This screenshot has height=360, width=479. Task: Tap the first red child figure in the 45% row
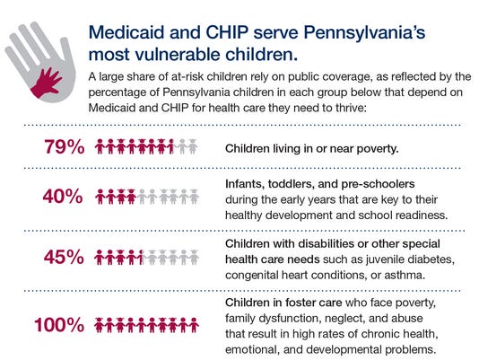100,258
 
